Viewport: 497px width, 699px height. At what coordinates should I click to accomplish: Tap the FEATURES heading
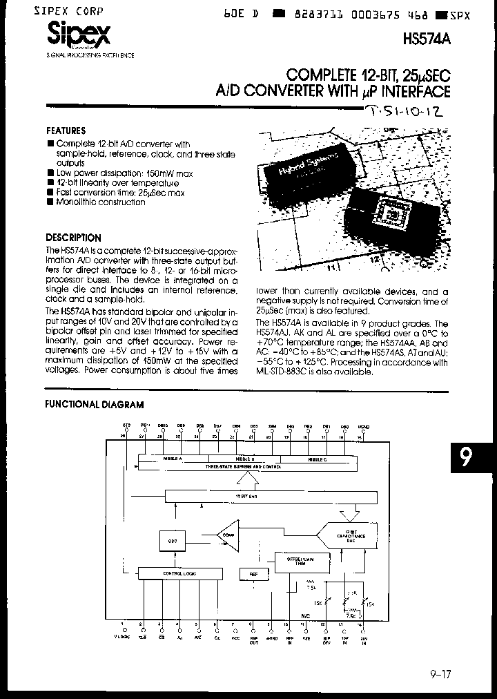(x=66, y=131)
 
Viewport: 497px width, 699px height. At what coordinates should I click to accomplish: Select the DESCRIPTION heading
(x=73, y=238)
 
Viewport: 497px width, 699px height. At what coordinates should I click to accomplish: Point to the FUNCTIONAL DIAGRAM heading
(x=95, y=405)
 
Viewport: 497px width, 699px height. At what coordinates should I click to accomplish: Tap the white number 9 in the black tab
(x=467, y=458)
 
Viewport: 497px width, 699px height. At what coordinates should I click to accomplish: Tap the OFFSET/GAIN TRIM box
(x=296, y=561)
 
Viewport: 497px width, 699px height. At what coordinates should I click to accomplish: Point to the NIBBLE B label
(x=246, y=459)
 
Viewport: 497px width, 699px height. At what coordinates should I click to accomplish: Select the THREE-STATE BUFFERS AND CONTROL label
(x=247, y=466)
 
